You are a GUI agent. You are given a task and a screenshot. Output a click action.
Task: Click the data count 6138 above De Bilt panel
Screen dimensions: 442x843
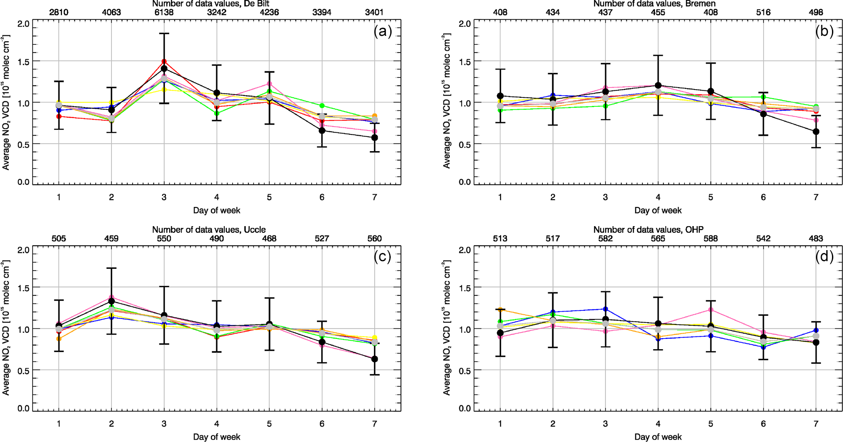(164, 12)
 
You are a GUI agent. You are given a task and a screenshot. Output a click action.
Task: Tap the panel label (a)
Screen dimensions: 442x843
(383, 31)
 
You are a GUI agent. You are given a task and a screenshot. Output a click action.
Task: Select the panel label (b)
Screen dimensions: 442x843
(824, 31)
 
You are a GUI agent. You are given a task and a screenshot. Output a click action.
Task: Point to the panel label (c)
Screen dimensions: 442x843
(383, 256)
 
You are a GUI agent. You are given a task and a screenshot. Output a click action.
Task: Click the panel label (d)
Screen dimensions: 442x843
(824, 256)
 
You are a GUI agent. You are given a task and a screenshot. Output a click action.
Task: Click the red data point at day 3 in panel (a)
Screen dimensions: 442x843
(164, 62)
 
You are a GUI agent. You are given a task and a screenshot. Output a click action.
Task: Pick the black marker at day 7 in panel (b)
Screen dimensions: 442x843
(816, 132)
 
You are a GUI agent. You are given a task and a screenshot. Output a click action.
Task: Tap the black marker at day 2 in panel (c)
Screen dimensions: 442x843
(111, 301)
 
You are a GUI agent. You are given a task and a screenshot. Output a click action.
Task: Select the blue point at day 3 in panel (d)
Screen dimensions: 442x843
(605, 309)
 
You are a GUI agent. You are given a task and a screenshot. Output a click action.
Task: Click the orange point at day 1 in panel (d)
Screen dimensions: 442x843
(500, 310)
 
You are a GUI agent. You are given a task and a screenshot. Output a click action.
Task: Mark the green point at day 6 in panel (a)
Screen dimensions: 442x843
(322, 106)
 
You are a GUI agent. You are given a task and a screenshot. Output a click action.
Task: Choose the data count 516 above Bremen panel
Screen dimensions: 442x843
(763, 12)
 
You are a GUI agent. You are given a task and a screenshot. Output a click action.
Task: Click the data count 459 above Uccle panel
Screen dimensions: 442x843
(111, 238)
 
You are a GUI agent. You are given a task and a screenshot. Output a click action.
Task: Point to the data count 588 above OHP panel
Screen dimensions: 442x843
(710, 238)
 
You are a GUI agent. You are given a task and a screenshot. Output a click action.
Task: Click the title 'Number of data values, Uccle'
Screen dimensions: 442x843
(209, 230)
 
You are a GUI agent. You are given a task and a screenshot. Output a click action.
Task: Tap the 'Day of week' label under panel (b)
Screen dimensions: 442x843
(657, 210)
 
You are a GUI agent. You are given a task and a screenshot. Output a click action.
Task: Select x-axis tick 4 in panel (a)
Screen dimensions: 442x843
(217, 197)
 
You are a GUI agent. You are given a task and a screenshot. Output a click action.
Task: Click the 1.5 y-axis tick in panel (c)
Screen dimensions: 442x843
(24, 288)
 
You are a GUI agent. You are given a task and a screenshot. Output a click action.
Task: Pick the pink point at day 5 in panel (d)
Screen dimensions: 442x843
(710, 310)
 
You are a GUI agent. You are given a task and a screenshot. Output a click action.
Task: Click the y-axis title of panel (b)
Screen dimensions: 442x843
(447, 102)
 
